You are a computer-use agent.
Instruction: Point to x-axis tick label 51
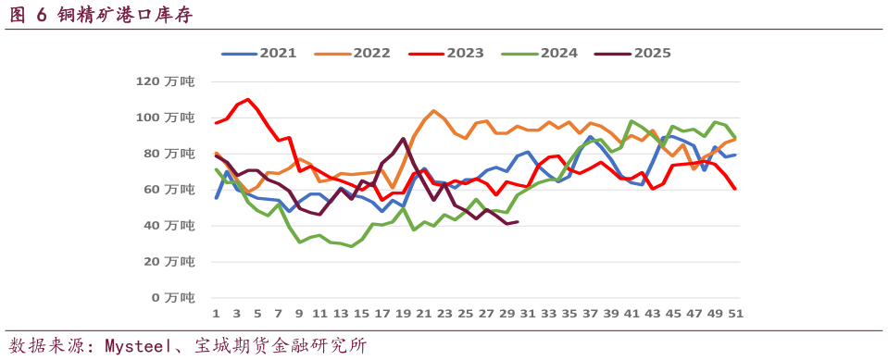(735, 314)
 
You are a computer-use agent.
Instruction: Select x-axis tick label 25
(465, 314)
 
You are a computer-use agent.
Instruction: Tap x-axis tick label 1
(216, 314)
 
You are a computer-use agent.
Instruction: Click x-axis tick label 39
(610, 314)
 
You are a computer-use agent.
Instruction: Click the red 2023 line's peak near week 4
(247, 99)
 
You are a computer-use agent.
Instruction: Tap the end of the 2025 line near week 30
(517, 222)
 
